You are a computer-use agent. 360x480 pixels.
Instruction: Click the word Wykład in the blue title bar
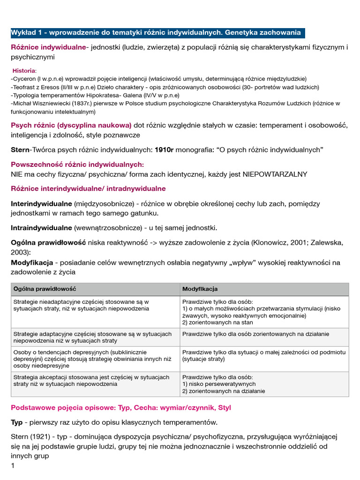click(x=22, y=33)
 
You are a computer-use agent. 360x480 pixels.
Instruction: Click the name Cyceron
click(x=24, y=79)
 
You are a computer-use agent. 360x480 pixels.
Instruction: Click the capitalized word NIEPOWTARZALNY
click(x=275, y=174)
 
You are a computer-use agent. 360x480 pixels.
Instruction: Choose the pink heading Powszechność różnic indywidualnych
click(x=77, y=165)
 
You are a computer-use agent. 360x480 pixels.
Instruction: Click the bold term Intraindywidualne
click(x=41, y=228)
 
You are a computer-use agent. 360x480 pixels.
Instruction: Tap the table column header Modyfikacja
click(x=200, y=289)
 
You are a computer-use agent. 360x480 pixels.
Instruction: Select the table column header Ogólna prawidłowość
click(x=45, y=289)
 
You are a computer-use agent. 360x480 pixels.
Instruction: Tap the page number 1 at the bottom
click(x=13, y=465)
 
